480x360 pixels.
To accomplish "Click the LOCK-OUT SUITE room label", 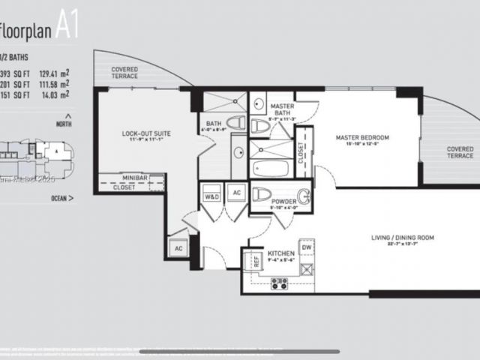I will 146,133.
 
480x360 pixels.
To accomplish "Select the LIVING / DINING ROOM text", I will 392,238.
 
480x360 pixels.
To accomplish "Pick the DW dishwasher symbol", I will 305,247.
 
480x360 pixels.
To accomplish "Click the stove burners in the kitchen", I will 280,283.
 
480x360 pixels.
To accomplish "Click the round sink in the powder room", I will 304,197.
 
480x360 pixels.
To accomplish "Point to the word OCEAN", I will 58,199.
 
